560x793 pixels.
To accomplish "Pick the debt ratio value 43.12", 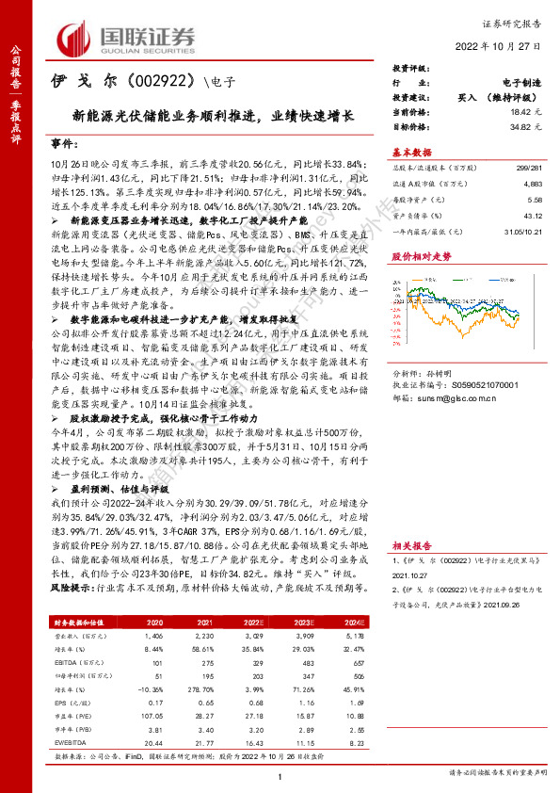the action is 531,218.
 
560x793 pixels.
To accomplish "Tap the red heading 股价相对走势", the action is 414,256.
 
